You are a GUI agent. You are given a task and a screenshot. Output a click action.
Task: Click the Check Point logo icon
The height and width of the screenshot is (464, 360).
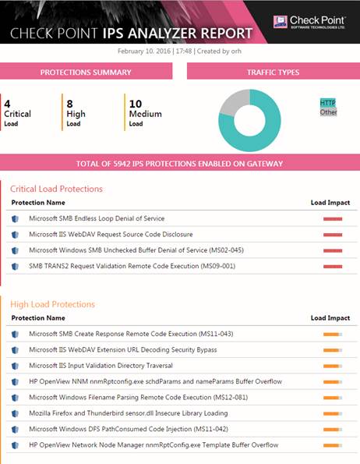281,22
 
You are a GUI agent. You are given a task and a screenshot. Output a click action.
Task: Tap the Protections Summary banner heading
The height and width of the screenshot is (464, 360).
86,73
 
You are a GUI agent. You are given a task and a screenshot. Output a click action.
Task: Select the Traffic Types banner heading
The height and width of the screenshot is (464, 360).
273,73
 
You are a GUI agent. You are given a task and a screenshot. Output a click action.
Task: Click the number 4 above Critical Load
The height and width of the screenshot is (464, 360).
7,104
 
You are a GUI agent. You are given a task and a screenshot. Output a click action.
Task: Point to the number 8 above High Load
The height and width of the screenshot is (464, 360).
70,104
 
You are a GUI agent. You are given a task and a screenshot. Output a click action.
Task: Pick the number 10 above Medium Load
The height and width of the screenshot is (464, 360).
136,104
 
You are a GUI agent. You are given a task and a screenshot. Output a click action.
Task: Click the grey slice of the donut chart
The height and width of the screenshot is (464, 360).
233,102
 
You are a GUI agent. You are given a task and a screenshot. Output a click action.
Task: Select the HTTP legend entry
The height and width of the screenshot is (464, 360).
328,103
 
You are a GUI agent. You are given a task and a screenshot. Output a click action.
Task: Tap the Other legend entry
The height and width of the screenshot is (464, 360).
328,112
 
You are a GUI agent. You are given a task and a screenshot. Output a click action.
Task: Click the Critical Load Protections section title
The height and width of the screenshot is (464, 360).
56,189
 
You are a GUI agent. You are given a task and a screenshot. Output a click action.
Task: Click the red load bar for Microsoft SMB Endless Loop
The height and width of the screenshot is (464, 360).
333,219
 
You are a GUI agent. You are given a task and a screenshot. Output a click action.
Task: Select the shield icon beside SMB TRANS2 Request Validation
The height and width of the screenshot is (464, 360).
15,267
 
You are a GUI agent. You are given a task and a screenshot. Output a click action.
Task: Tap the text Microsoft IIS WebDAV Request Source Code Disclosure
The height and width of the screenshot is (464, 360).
111,235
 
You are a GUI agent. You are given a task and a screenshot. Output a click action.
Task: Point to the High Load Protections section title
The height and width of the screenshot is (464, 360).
53,304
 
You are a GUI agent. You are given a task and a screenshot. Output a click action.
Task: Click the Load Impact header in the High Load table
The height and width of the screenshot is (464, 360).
330,318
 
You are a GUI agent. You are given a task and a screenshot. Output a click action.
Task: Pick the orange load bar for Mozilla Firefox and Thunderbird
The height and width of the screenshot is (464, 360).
333,413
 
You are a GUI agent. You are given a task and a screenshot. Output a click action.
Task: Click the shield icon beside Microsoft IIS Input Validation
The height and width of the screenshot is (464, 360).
15,366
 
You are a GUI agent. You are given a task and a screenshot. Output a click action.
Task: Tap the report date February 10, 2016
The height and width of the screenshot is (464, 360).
144,51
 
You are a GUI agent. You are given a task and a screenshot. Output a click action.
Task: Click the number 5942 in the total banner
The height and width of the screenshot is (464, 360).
122,164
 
